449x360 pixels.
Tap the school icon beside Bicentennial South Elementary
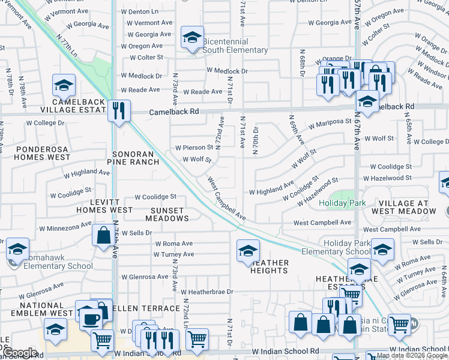click(192, 38)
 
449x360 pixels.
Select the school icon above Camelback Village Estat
click(64, 86)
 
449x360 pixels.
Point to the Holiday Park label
click(342, 203)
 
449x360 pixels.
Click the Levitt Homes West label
click(104, 206)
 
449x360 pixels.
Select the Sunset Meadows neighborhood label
click(170, 214)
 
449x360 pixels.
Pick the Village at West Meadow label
click(403, 207)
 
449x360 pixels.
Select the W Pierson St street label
click(194, 147)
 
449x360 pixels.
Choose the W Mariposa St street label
click(330, 122)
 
